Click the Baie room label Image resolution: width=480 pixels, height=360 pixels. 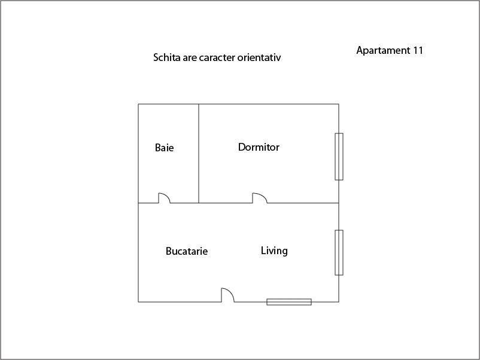[x=165, y=148]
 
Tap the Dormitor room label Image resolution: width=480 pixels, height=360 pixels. [x=259, y=147]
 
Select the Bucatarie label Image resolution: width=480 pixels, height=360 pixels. [x=187, y=251]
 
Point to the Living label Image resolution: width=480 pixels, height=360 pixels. [x=274, y=251]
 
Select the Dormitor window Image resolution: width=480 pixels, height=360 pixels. [x=339, y=157]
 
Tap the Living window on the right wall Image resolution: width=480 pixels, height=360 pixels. [x=339, y=252]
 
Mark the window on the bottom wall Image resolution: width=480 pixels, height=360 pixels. [x=289, y=302]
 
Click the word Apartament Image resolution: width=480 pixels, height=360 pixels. [x=383, y=50]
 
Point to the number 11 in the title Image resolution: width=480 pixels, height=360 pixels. [x=418, y=50]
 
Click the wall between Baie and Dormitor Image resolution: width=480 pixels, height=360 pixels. [x=199, y=154]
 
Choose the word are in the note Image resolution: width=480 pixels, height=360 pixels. [x=190, y=58]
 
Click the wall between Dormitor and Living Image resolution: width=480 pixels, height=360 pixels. [x=303, y=203]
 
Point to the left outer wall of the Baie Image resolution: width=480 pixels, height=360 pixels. [x=138, y=154]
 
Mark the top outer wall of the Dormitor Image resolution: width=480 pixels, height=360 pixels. [x=269, y=104]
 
